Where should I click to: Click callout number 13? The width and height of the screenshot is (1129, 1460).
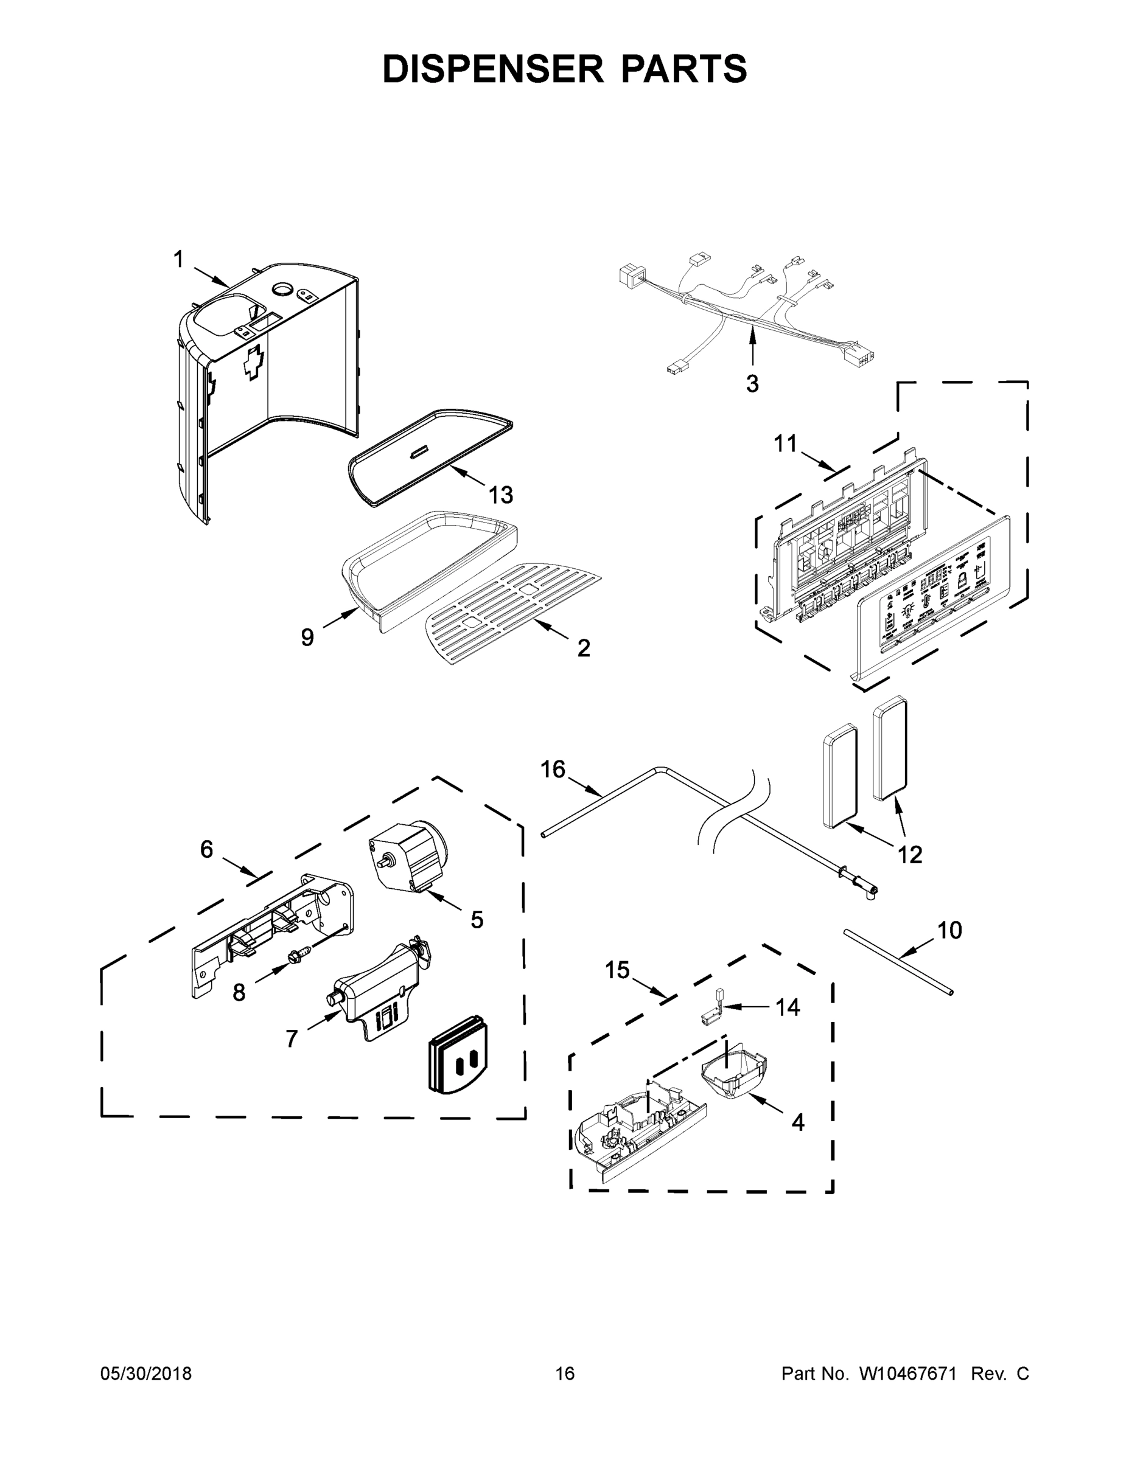pyautogui.click(x=500, y=495)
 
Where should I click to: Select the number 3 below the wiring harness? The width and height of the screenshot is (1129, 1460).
pyautogui.click(x=752, y=384)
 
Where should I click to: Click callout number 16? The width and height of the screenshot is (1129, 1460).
pyautogui.click(x=553, y=770)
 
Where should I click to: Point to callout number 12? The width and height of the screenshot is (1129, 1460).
pyautogui.click(x=910, y=853)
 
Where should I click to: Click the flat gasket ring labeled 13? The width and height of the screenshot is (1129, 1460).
pyautogui.click(x=428, y=461)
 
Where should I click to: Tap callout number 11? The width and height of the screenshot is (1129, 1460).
pyautogui.click(x=786, y=443)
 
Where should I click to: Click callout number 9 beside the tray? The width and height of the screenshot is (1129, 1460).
pyautogui.click(x=307, y=638)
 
